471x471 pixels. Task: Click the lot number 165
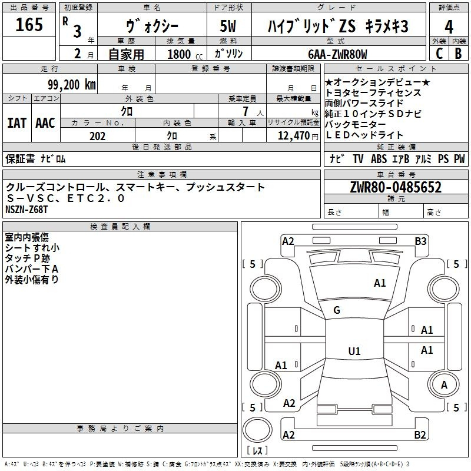(29, 25)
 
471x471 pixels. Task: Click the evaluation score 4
(449, 26)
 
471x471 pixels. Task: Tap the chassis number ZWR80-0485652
(396, 187)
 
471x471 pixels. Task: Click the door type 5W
(228, 26)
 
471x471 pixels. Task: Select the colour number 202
(97, 136)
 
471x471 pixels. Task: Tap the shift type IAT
(16, 123)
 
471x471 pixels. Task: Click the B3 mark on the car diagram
(420, 241)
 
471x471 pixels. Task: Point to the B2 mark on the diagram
(420, 435)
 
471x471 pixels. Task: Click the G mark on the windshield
(337, 310)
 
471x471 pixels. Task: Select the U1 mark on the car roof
(354, 351)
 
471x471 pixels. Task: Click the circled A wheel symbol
(445, 384)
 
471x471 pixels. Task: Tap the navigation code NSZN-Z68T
(27, 209)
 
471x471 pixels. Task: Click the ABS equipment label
(379, 159)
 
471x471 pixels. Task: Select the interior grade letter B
(458, 54)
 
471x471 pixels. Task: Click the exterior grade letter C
(439, 54)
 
